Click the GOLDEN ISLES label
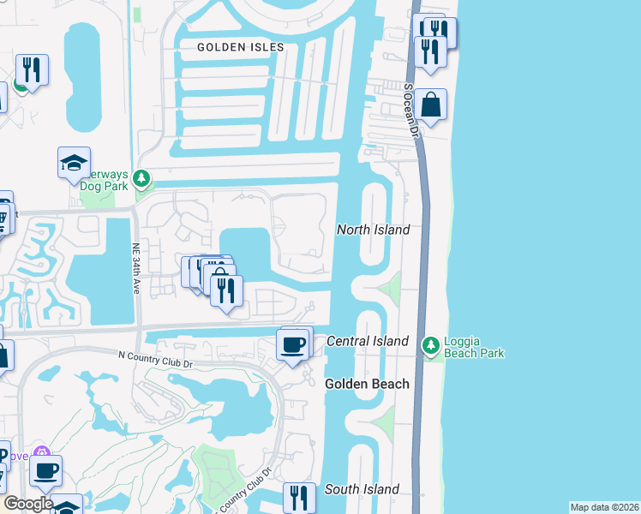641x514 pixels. tap(235, 47)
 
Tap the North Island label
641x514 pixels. tap(373, 230)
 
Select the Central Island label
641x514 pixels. tap(368, 341)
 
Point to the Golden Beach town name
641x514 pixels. tap(367, 384)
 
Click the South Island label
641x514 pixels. tap(362, 489)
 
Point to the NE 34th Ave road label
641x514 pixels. tap(135, 271)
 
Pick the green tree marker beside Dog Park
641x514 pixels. tap(142, 179)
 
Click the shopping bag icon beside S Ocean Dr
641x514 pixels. tap(432, 105)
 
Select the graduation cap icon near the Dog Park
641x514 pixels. tap(74, 162)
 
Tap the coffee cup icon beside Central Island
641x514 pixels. tap(293, 344)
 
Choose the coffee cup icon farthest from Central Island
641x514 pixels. tap(45, 470)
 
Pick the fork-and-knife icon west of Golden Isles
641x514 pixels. tap(32, 69)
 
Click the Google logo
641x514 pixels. tap(28, 504)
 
